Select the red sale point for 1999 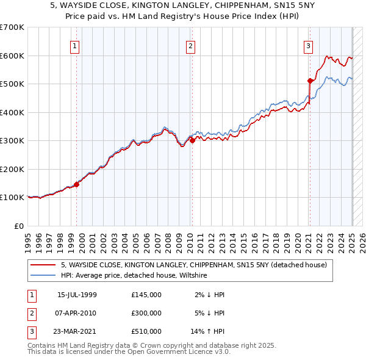(77, 184)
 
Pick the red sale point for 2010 (193, 140)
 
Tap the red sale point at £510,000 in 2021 (310, 81)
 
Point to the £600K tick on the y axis (12, 56)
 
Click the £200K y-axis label (12, 169)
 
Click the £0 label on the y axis (18, 226)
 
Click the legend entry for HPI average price (134, 276)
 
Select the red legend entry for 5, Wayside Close (194, 265)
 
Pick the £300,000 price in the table (146, 313)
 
